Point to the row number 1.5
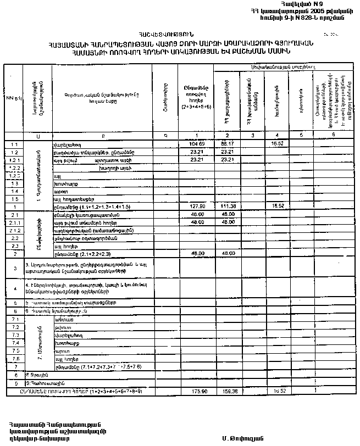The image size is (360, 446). pyautogui.click(x=14, y=198)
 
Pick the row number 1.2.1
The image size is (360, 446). pyautogui.click(x=14, y=159)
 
